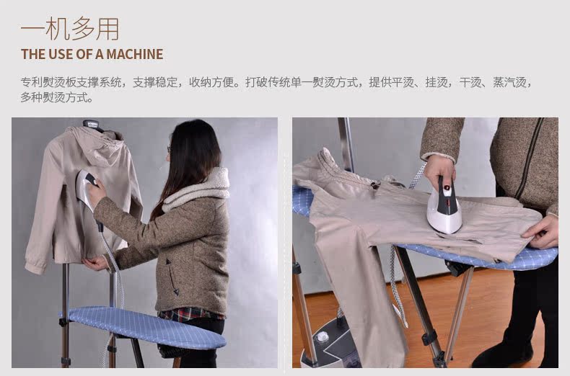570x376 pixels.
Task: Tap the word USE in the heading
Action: [60, 54]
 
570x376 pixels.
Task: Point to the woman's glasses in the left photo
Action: [170, 150]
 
